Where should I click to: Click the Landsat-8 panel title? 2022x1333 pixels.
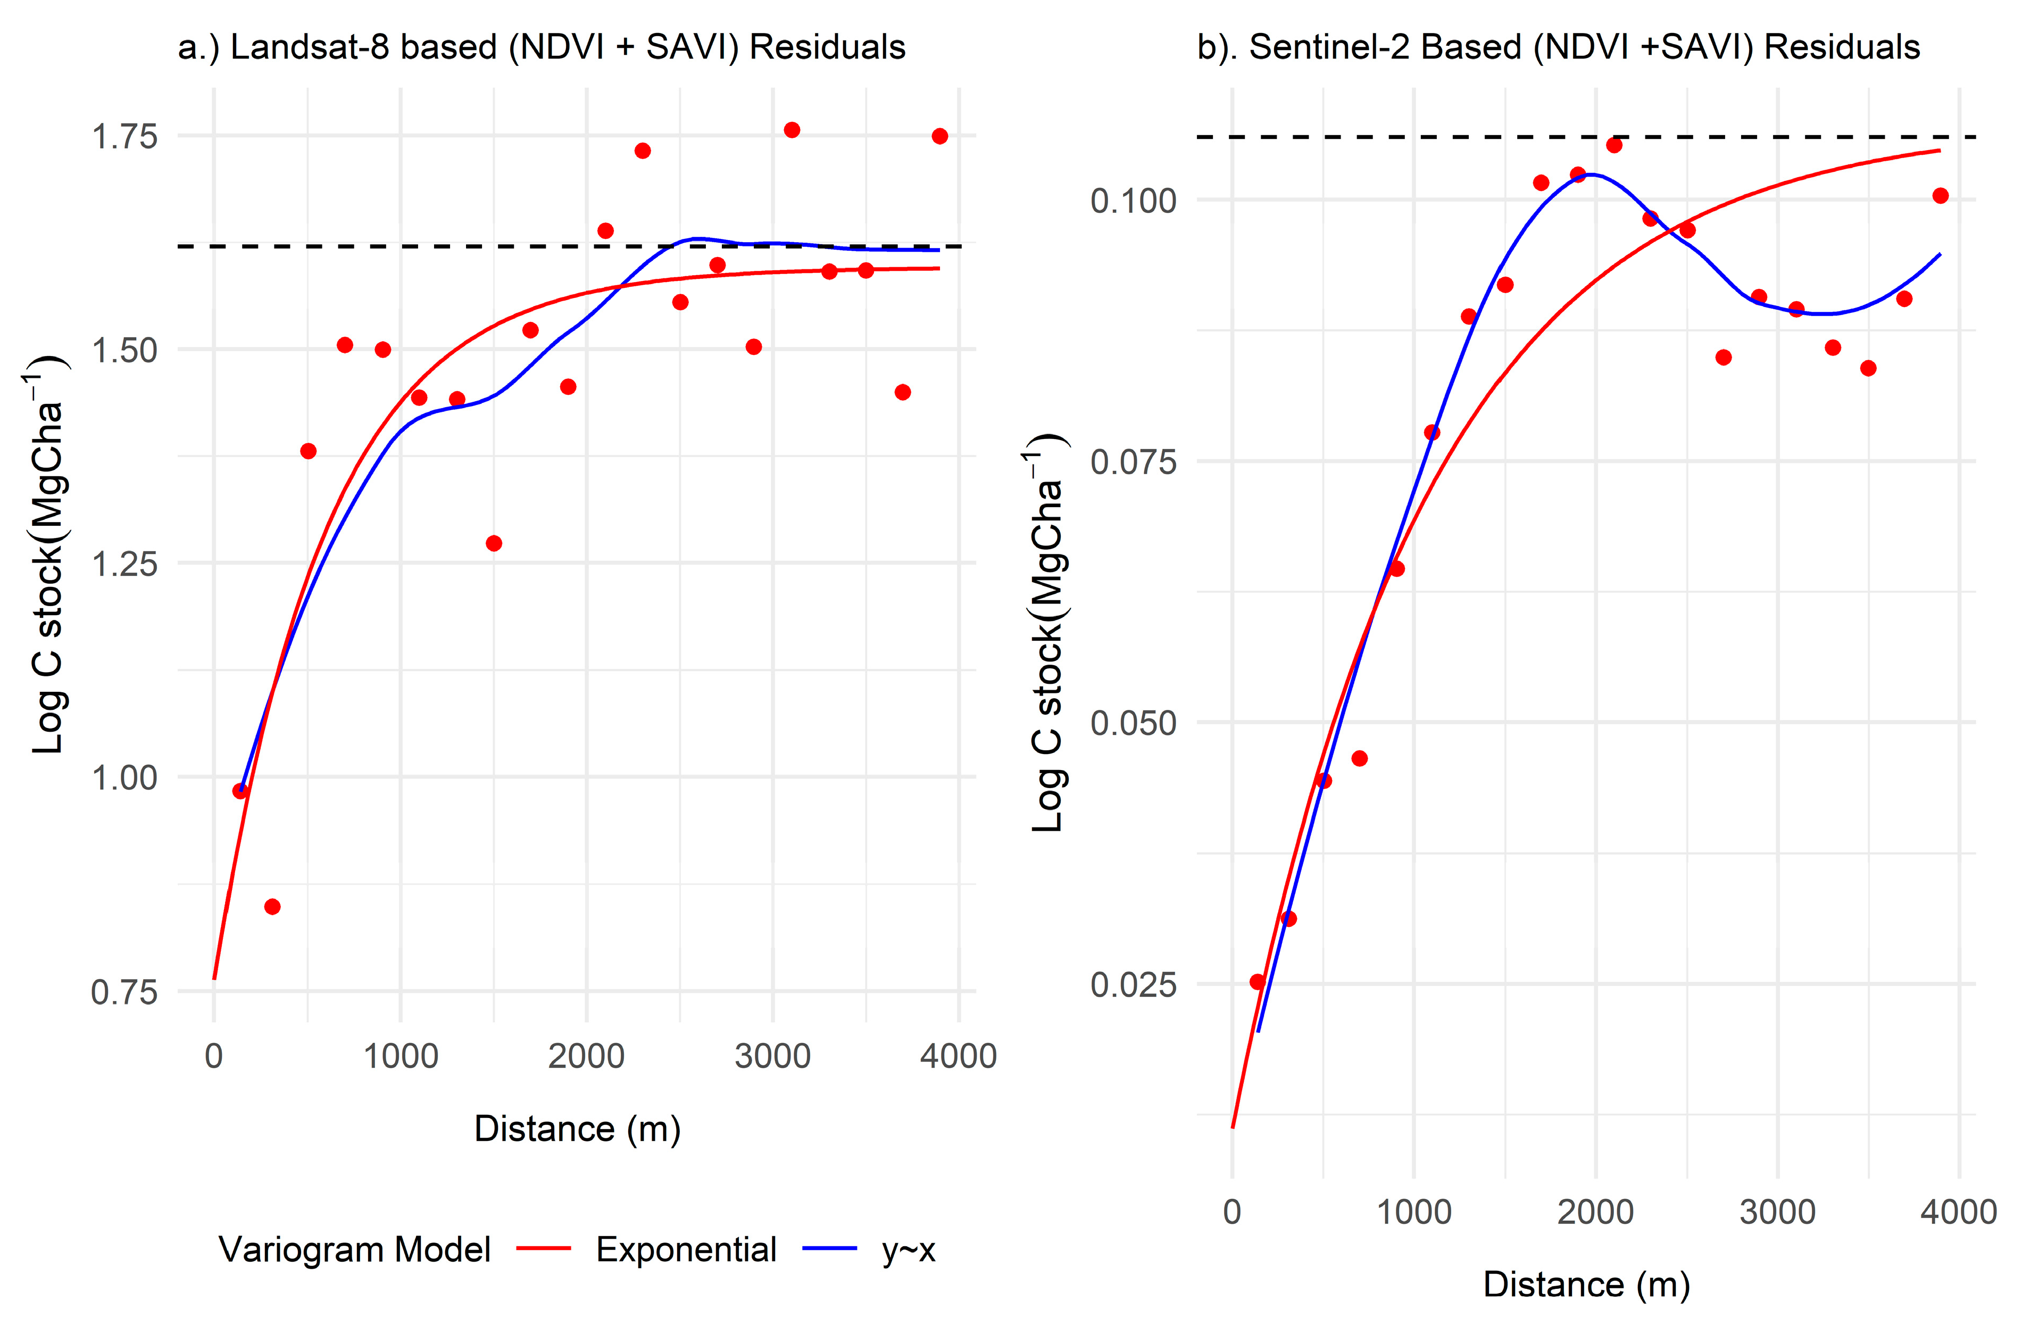click(x=542, y=47)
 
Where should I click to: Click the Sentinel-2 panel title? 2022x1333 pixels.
click(x=1558, y=47)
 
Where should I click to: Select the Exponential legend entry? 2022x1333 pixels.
click(x=685, y=1249)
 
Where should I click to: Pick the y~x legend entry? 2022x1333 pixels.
click(x=908, y=1249)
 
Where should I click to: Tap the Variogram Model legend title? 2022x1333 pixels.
click(x=354, y=1249)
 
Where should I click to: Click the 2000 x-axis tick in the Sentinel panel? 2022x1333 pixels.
click(x=1595, y=1212)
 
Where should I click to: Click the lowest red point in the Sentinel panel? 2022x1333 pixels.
click(x=1257, y=982)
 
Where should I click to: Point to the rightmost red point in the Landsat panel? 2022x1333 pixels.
click(x=939, y=136)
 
